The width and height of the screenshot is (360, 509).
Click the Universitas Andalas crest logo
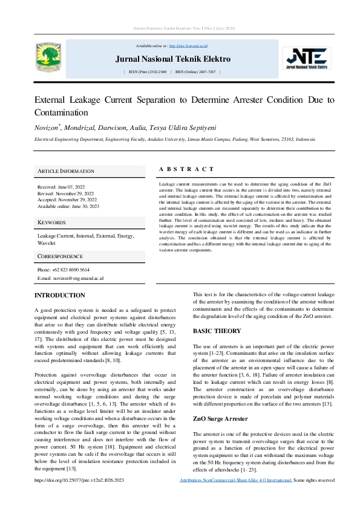point(49,59)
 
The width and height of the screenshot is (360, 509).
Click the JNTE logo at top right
point(309,59)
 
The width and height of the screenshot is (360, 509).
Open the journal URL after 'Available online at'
point(188,46)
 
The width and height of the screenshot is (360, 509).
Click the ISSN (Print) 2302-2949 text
point(148,72)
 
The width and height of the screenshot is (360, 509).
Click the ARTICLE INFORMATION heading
point(66,171)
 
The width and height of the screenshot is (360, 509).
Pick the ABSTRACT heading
point(186,169)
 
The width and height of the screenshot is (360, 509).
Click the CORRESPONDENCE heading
point(60,256)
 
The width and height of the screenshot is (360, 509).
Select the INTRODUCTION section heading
point(59,296)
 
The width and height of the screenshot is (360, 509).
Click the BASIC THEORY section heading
point(217,331)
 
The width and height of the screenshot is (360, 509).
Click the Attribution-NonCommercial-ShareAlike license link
point(236,480)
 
